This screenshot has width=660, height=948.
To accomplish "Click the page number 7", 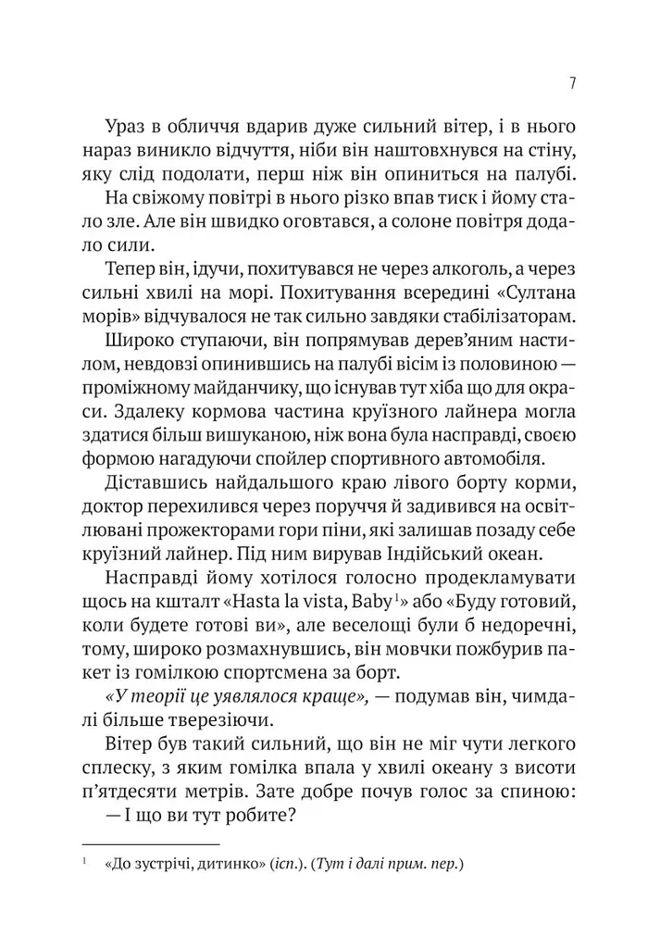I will click(x=574, y=83).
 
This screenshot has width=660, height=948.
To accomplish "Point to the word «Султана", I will click(x=541, y=292).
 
